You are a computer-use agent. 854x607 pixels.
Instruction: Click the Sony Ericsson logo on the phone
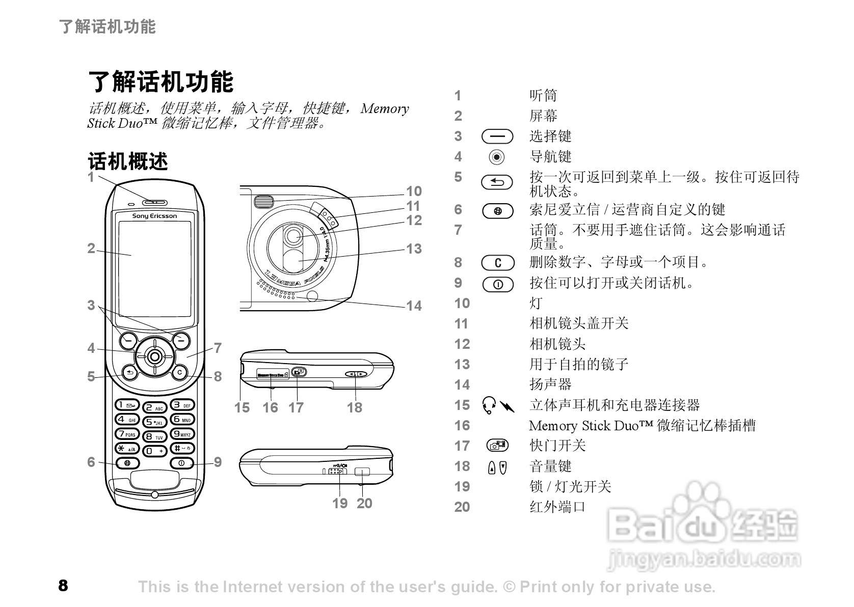(x=154, y=216)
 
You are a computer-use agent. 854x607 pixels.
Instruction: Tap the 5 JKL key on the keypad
(x=154, y=422)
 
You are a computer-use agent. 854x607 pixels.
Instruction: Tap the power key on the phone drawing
(x=182, y=463)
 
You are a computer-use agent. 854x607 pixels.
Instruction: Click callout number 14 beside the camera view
(x=414, y=306)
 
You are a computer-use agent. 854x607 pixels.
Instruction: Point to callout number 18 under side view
(x=355, y=407)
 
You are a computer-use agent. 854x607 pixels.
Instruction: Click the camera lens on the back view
(x=292, y=235)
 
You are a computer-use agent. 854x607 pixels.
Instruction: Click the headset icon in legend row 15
(x=489, y=405)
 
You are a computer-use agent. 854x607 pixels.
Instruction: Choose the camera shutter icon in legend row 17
(x=497, y=446)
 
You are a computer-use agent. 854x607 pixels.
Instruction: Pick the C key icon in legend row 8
(x=498, y=263)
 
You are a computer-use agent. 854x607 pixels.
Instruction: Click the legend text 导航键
(x=550, y=156)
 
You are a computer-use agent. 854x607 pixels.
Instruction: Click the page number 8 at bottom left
(x=63, y=586)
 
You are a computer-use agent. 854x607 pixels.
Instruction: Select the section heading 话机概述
(x=128, y=161)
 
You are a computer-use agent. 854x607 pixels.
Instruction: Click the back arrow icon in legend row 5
(x=498, y=182)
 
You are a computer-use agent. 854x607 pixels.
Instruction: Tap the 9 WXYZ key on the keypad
(x=182, y=434)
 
